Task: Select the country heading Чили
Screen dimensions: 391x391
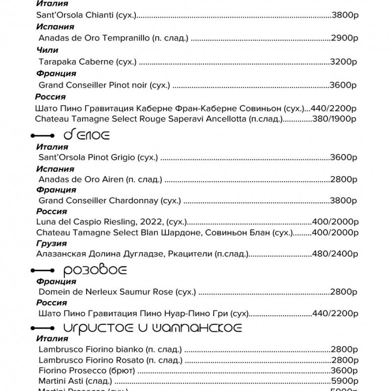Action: [x=47, y=50]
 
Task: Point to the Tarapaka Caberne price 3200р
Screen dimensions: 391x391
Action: [x=344, y=62]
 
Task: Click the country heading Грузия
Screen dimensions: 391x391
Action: [x=51, y=243]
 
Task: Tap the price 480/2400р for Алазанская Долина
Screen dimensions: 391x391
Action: [x=335, y=254]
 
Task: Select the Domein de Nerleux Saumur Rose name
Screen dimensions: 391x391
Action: [x=106, y=292]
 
